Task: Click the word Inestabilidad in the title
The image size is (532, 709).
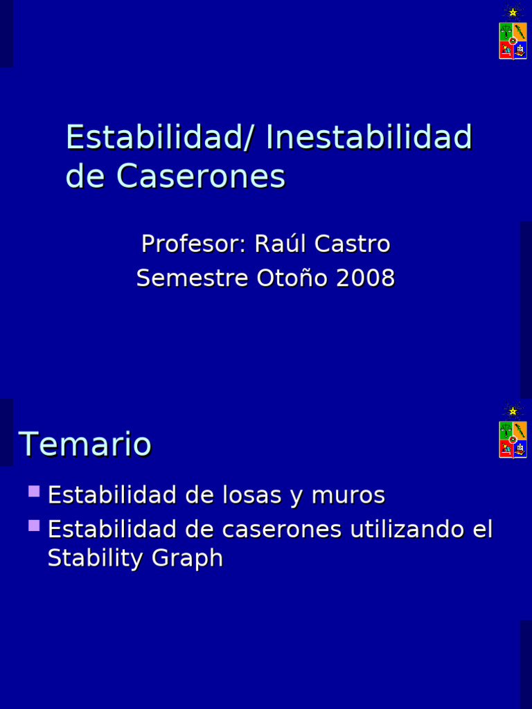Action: point(369,137)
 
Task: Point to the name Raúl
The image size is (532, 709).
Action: point(281,244)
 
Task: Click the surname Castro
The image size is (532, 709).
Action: point(353,244)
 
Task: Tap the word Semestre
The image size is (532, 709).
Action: point(193,278)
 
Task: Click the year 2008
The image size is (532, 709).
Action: point(366,278)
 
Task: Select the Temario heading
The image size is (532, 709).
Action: point(85,444)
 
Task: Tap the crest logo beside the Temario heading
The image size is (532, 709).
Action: point(513,433)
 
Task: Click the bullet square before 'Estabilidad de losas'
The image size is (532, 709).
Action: point(34,492)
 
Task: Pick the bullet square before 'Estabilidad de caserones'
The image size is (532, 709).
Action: point(34,526)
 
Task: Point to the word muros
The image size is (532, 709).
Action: point(348,496)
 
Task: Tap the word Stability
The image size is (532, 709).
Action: point(92,558)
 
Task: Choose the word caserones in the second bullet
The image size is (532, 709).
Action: point(282,530)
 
